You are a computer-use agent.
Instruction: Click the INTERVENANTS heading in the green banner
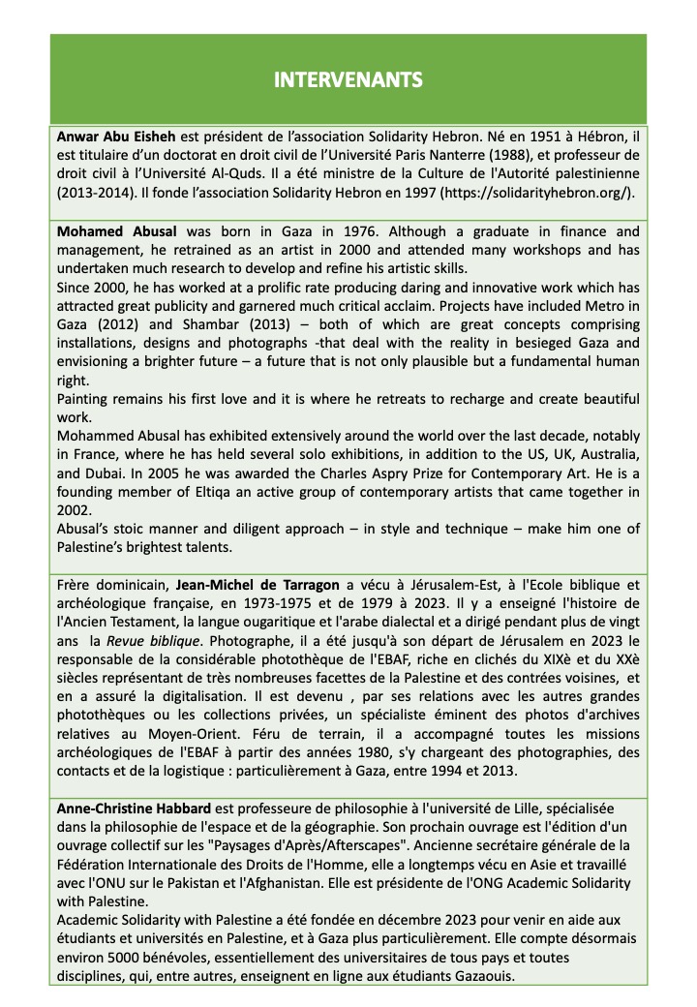[x=348, y=79]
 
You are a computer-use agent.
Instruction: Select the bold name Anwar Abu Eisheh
[x=112, y=137]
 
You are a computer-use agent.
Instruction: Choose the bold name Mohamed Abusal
[x=113, y=231]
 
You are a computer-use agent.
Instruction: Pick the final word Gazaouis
[x=483, y=975]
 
